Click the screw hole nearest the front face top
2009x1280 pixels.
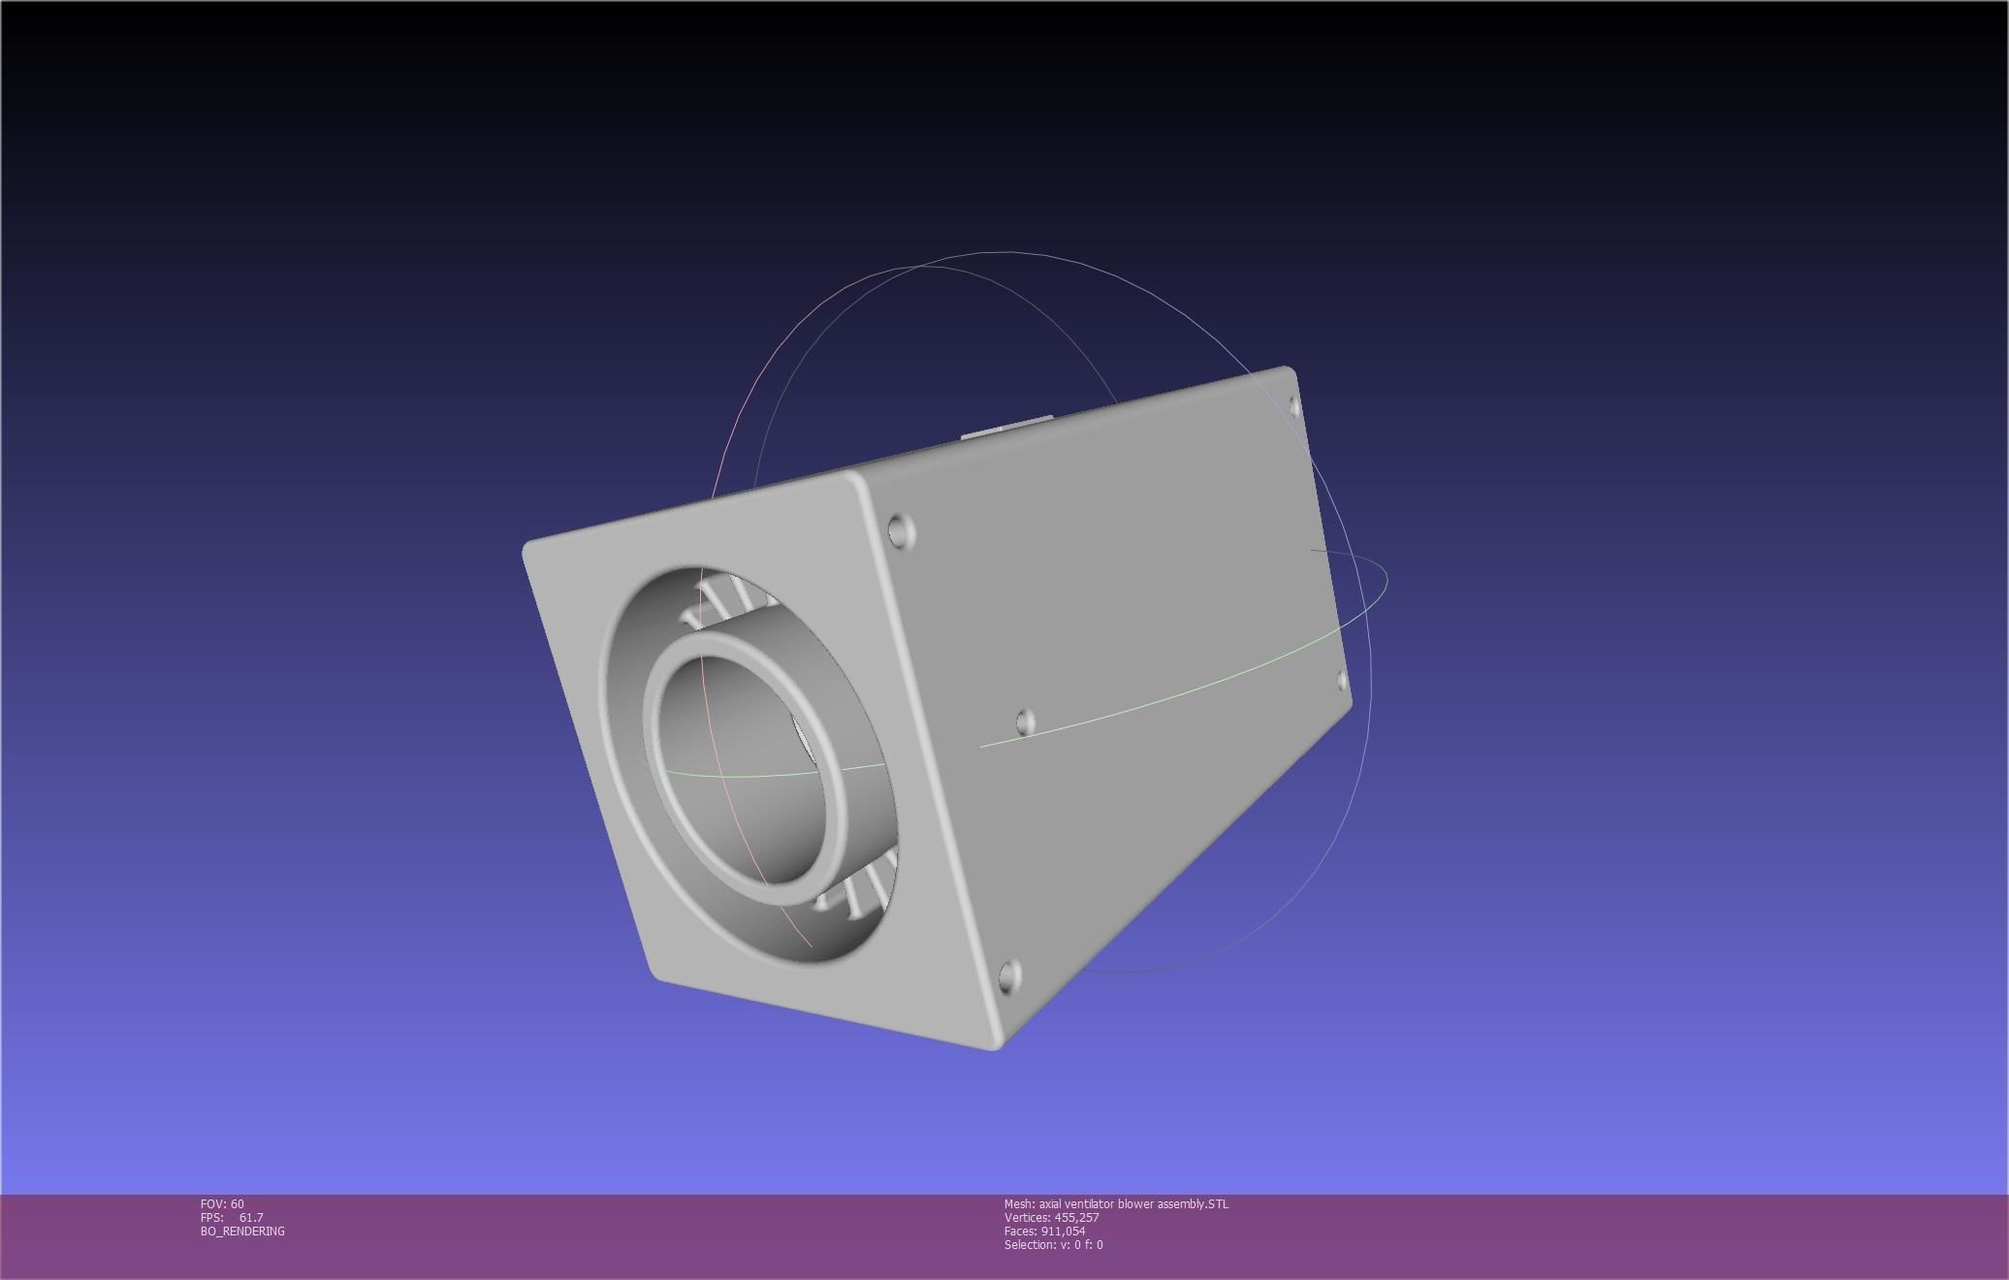(901, 531)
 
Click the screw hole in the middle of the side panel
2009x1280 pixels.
(1025, 721)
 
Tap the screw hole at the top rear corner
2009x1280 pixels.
(1295, 405)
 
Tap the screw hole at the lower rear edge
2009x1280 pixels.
(1343, 682)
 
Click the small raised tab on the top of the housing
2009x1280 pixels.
(1008, 428)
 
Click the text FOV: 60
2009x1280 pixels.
(222, 1203)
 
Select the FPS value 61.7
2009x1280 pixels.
(250, 1217)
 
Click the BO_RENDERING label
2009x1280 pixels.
(242, 1231)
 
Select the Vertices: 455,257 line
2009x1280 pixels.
(1051, 1217)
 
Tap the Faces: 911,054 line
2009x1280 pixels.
(1044, 1231)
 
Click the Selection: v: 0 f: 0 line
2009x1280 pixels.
(1053, 1244)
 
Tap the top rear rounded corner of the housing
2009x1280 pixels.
(1287, 370)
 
